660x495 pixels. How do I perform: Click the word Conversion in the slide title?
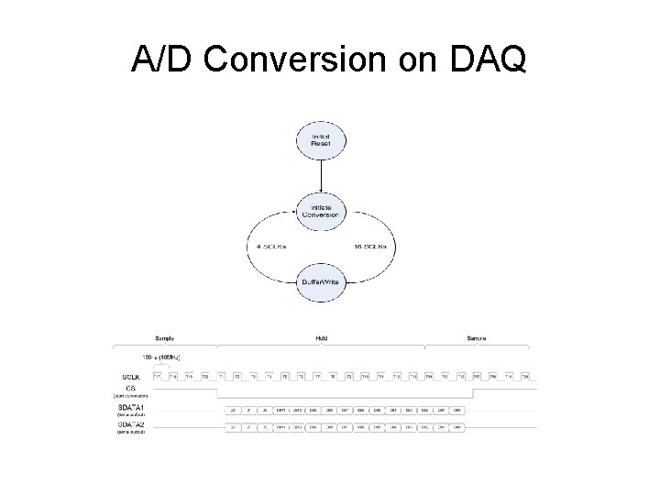[299, 60]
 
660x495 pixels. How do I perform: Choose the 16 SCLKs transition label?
[372, 247]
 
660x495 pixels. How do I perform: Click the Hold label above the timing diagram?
[321, 338]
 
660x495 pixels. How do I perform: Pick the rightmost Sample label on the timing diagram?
[478, 338]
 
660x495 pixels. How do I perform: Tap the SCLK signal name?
[131, 377]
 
